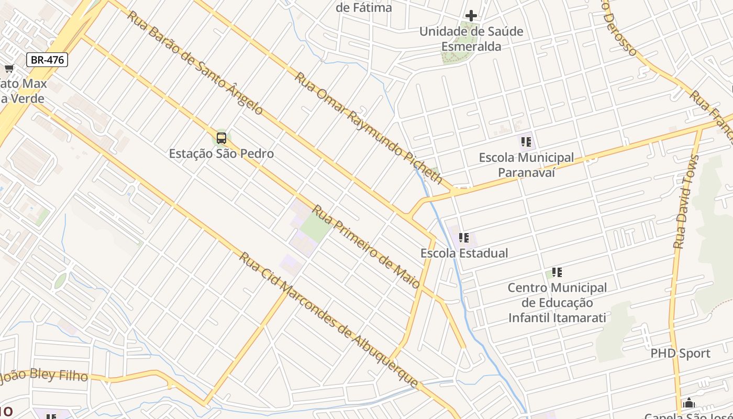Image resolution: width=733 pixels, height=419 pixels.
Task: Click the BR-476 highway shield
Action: click(x=47, y=60)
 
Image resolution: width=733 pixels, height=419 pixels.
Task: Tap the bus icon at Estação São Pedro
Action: click(x=221, y=138)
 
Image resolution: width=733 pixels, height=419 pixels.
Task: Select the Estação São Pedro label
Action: click(x=221, y=153)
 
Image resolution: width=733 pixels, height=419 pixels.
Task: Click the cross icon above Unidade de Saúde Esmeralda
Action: click(x=471, y=16)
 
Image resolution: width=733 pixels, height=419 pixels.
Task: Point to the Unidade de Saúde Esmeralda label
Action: click(x=471, y=39)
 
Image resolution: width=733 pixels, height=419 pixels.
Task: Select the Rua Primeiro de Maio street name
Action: click(x=366, y=246)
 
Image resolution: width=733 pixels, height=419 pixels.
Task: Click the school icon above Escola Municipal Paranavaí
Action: click(x=526, y=141)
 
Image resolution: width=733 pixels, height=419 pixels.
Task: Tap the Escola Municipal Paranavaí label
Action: click(x=526, y=164)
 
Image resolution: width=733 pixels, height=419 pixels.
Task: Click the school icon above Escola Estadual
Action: click(x=464, y=238)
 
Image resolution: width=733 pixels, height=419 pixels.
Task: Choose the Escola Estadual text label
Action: click(x=464, y=253)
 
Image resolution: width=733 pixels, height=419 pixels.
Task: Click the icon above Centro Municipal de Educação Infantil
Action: click(x=557, y=272)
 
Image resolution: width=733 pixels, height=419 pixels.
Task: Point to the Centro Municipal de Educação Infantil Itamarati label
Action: click(x=557, y=303)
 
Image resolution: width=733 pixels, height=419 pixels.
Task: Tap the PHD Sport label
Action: click(x=680, y=354)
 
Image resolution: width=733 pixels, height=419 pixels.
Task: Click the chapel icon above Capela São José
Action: click(x=688, y=403)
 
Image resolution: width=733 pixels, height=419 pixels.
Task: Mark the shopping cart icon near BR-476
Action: click(x=9, y=69)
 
